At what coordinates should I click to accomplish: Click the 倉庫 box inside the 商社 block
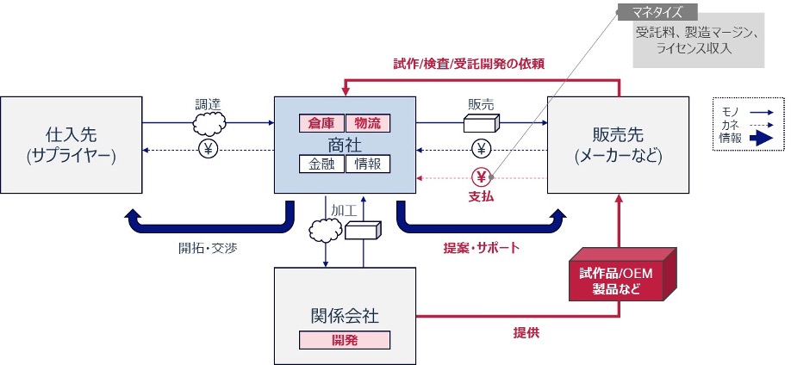click(x=321, y=121)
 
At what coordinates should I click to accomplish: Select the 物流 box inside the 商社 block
click(x=368, y=121)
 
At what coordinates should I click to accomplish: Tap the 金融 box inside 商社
click(x=321, y=164)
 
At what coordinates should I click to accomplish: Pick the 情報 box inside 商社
click(x=368, y=164)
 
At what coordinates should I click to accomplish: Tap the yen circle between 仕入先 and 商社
click(x=208, y=149)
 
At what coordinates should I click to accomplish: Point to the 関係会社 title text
click(x=345, y=315)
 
